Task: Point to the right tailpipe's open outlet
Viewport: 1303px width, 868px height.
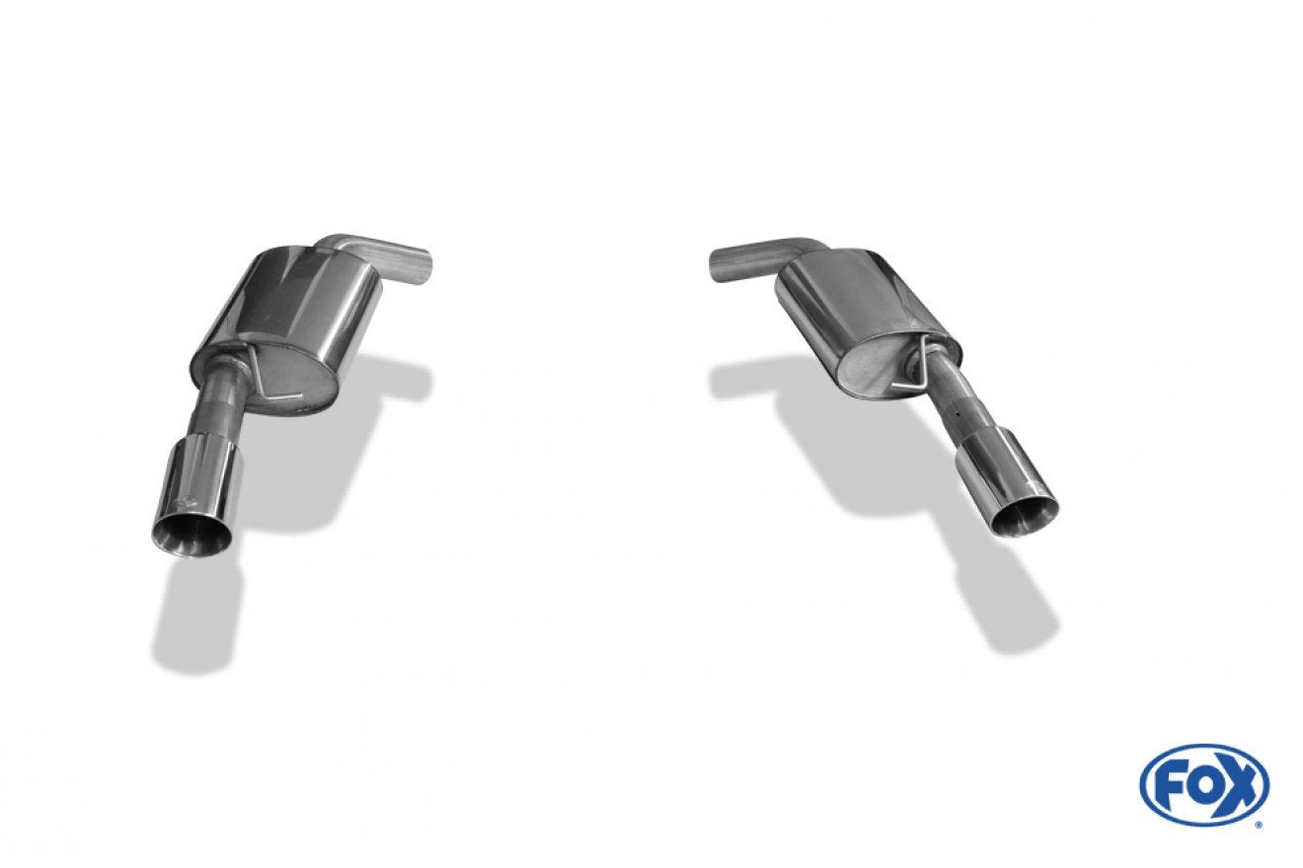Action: coord(1026,518)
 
